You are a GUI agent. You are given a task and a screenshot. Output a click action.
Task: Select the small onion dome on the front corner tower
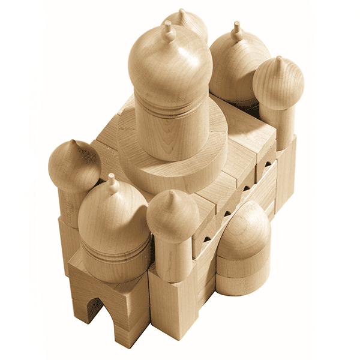[x=173, y=216]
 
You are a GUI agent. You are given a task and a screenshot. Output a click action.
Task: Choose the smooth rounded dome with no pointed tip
[x=243, y=231]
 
